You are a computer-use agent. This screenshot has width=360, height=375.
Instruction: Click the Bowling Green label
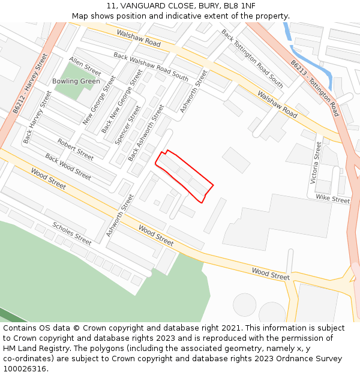click(x=76, y=81)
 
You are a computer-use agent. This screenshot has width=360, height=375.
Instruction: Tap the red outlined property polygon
click(x=184, y=176)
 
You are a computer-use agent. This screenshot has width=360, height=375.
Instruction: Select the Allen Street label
click(x=85, y=65)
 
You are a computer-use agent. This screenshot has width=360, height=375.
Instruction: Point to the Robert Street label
click(x=76, y=149)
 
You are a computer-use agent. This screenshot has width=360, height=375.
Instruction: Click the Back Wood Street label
click(x=68, y=167)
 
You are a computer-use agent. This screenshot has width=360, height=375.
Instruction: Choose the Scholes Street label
click(x=72, y=233)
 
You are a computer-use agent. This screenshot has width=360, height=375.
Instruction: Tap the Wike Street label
click(x=332, y=199)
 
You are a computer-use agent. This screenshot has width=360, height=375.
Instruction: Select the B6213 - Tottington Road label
click(x=314, y=88)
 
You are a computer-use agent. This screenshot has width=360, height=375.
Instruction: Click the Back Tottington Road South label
click(x=252, y=58)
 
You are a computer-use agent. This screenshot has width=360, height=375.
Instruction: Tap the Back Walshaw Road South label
click(x=151, y=67)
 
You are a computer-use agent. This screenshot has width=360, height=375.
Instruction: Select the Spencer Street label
click(x=128, y=125)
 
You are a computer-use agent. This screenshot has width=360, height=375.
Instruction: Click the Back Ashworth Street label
click(x=146, y=133)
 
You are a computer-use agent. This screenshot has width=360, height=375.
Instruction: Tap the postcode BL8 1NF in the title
click(x=239, y=5)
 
